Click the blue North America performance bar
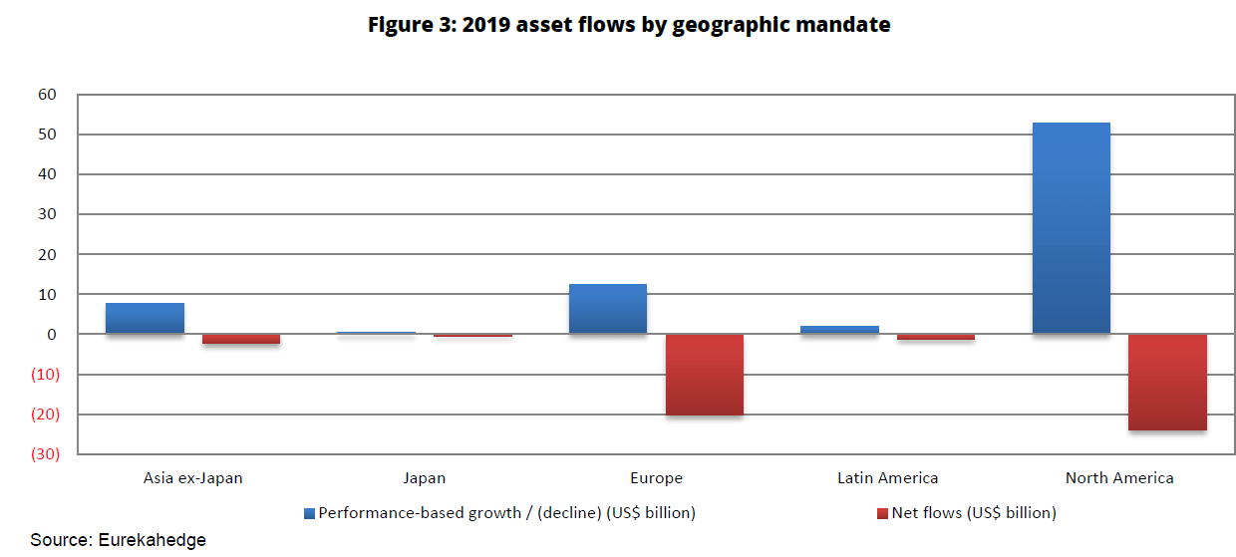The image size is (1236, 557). coord(1071,228)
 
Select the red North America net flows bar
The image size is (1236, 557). coord(1167,382)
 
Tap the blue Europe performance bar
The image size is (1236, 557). coord(607,309)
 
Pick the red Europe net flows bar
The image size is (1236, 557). coord(704,375)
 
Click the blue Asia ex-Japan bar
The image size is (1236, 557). coord(145,319)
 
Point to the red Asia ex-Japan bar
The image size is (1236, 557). coord(241,339)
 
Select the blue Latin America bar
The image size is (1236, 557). coord(839,330)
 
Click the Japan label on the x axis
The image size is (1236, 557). coord(425,478)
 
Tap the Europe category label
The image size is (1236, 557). coord(656,478)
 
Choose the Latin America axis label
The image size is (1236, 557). coord(887,478)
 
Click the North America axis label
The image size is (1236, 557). coord(1119,478)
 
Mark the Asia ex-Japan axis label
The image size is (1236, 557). coord(193,478)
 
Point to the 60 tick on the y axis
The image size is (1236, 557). coord(48,95)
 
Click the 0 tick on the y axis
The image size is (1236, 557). coord(52,335)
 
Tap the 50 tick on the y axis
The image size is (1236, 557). coord(48,135)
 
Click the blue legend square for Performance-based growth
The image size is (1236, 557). coord(309,514)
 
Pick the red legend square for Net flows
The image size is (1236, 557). coord(881,514)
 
